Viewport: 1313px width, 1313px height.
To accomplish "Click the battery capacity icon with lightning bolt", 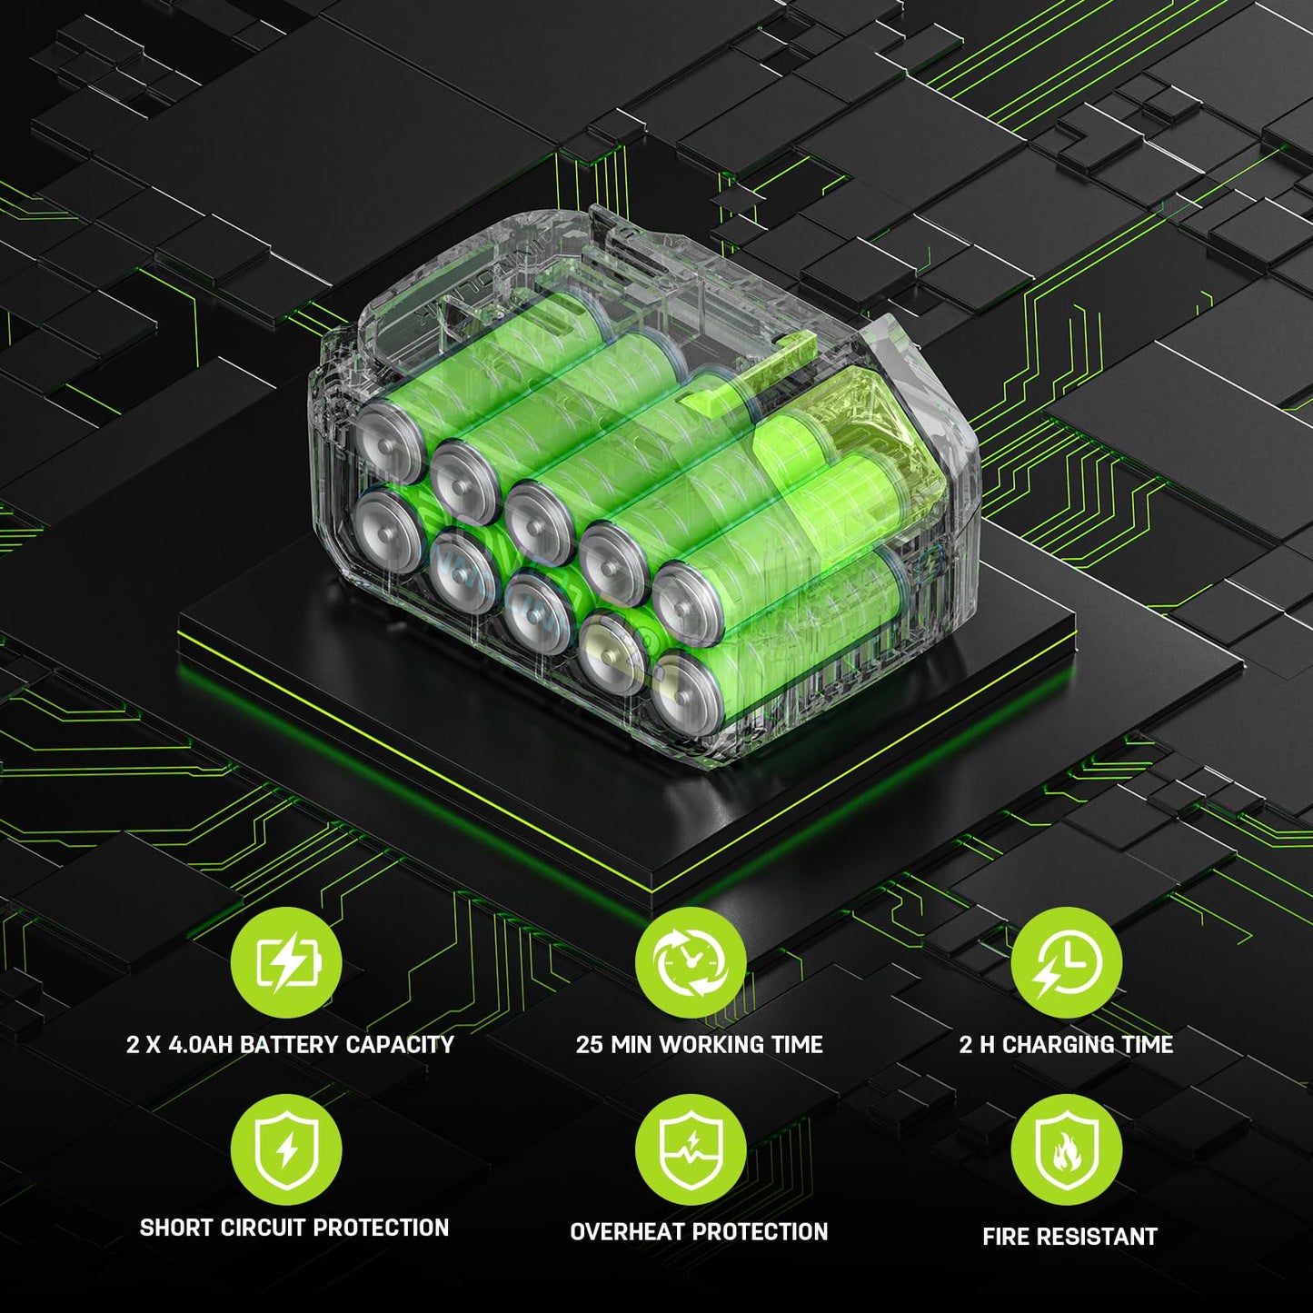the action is pos(286,963).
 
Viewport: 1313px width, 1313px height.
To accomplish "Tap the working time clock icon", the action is pos(691,963).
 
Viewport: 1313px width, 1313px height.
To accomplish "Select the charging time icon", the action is pos(1067,963).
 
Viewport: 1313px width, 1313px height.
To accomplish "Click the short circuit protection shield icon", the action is pos(286,1151).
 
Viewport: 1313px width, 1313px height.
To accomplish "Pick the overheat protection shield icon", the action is pos(691,1151).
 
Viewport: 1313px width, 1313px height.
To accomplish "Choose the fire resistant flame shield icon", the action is pos(1067,1151).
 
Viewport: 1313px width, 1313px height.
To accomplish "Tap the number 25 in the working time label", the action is pos(590,1045).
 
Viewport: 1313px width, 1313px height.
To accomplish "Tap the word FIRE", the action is pos(1004,1237).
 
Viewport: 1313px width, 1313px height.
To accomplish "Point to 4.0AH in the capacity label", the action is pos(200,1045).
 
